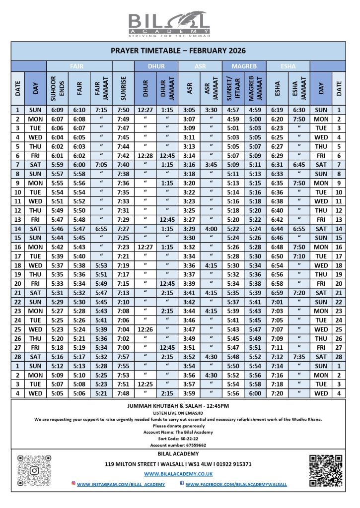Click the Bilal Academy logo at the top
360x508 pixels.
click(169, 25)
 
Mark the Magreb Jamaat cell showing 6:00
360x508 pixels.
click(254, 393)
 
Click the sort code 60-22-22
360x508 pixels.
click(180, 439)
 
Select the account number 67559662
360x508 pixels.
click(180, 445)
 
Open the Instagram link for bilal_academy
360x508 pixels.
click(121, 484)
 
